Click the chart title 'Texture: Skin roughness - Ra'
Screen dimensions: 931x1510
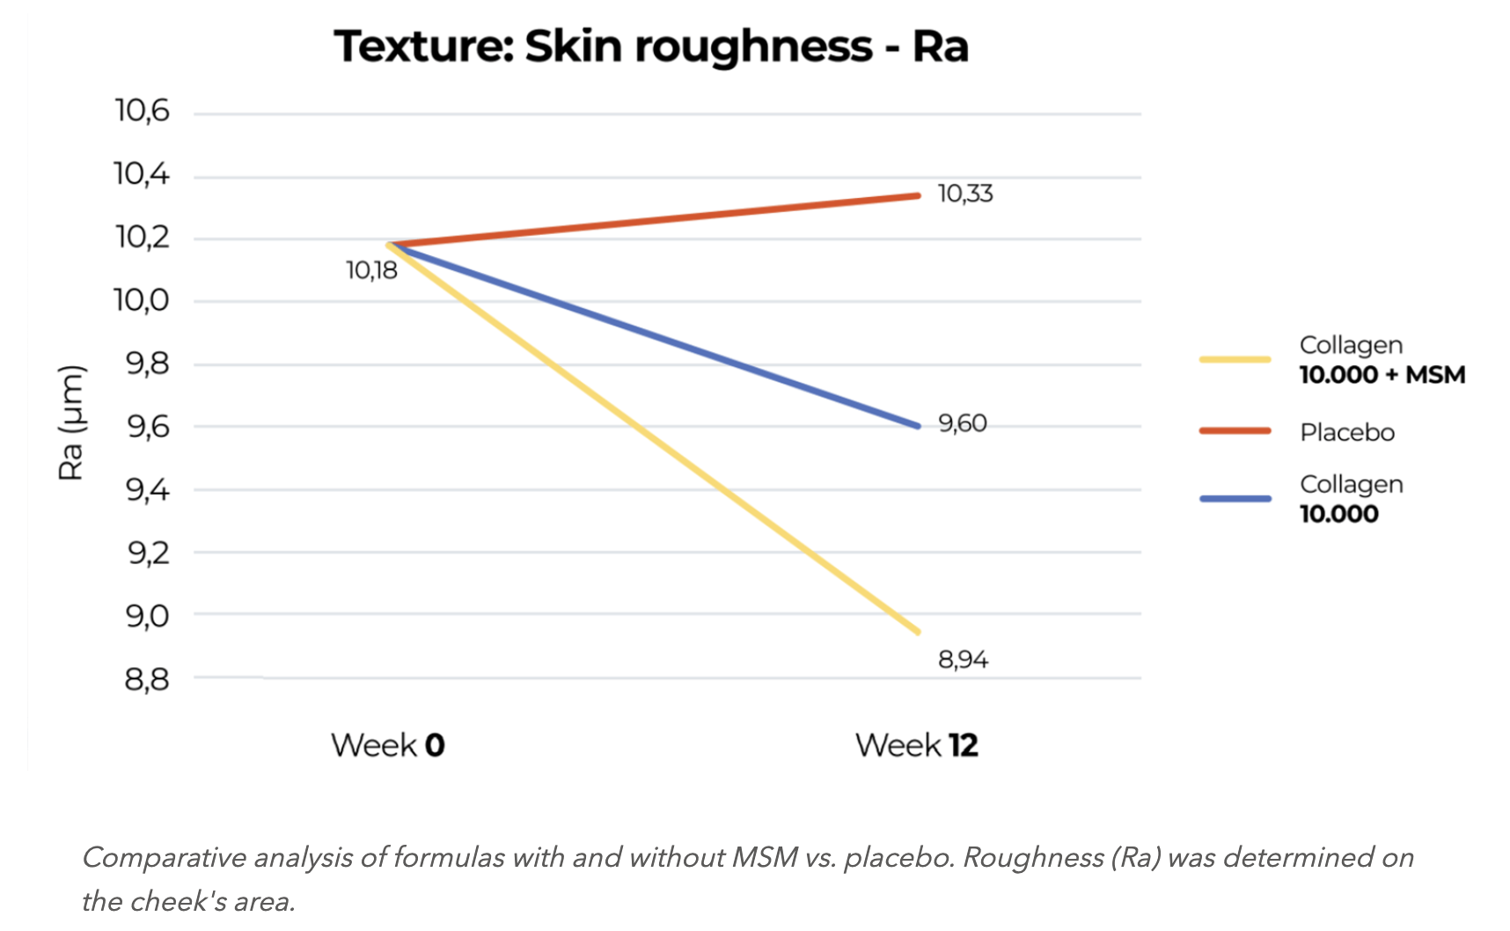tap(651, 46)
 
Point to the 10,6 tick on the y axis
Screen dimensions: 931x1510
tap(142, 112)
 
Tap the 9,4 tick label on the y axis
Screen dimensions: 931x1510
tap(147, 489)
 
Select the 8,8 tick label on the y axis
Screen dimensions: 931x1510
tap(146, 678)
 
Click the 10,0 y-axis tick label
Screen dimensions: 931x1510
tap(142, 301)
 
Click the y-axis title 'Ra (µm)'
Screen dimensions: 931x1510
tap(71, 422)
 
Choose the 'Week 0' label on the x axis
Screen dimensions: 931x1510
tap(388, 745)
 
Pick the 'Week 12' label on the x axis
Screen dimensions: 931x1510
tap(916, 745)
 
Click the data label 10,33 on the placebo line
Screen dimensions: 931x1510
tap(965, 194)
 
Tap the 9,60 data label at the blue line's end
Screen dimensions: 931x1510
tap(963, 423)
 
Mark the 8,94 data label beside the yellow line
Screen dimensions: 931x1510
tap(963, 659)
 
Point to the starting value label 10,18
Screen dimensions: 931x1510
tap(371, 270)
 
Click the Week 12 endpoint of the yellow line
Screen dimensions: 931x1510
tap(918, 632)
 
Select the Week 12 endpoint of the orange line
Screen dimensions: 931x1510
tap(918, 195)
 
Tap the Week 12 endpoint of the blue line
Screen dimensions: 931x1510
tap(918, 426)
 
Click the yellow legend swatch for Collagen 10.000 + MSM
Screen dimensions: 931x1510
tap(1235, 359)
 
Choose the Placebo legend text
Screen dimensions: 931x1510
tap(1347, 432)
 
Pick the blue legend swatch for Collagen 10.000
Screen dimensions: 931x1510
tap(1235, 499)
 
